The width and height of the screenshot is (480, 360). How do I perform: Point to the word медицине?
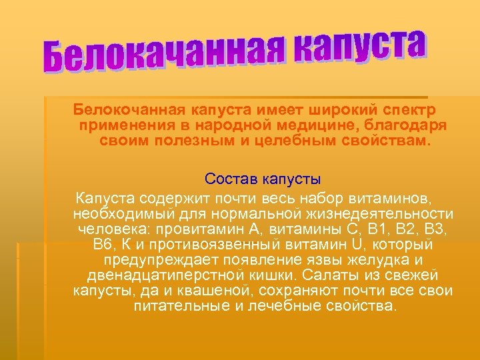(x=326, y=125)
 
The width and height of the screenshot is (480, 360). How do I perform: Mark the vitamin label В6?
(x=105, y=245)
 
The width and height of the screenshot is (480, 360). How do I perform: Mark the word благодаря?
(x=413, y=125)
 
